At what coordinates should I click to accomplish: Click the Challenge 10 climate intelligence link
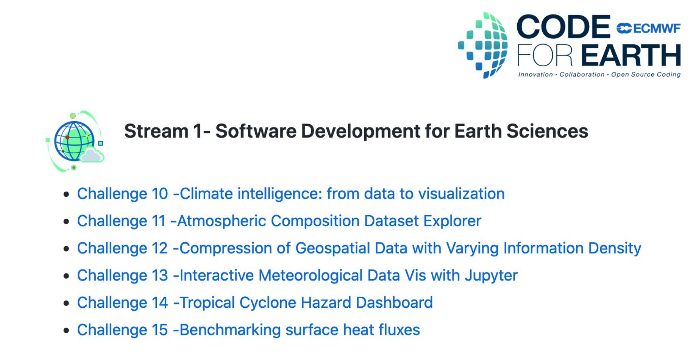tap(290, 194)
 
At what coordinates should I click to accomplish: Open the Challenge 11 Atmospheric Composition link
tap(279, 221)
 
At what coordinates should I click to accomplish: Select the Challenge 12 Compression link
tap(359, 248)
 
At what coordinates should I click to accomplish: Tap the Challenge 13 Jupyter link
tap(297, 275)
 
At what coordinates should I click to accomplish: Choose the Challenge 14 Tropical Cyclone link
tap(254, 303)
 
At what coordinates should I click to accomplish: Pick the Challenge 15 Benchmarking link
tap(248, 330)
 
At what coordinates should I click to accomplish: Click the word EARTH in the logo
tap(631, 55)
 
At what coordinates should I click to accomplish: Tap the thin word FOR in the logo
tap(545, 55)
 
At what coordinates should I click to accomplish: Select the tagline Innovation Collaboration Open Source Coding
tap(599, 75)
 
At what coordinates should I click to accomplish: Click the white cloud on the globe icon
tap(92, 155)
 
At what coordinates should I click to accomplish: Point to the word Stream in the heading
tap(156, 131)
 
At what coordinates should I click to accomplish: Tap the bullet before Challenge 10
tap(67, 194)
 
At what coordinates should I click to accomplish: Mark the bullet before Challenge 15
tap(67, 331)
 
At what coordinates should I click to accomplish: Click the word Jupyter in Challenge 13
tap(491, 275)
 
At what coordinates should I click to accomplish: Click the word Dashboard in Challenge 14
tap(394, 303)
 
